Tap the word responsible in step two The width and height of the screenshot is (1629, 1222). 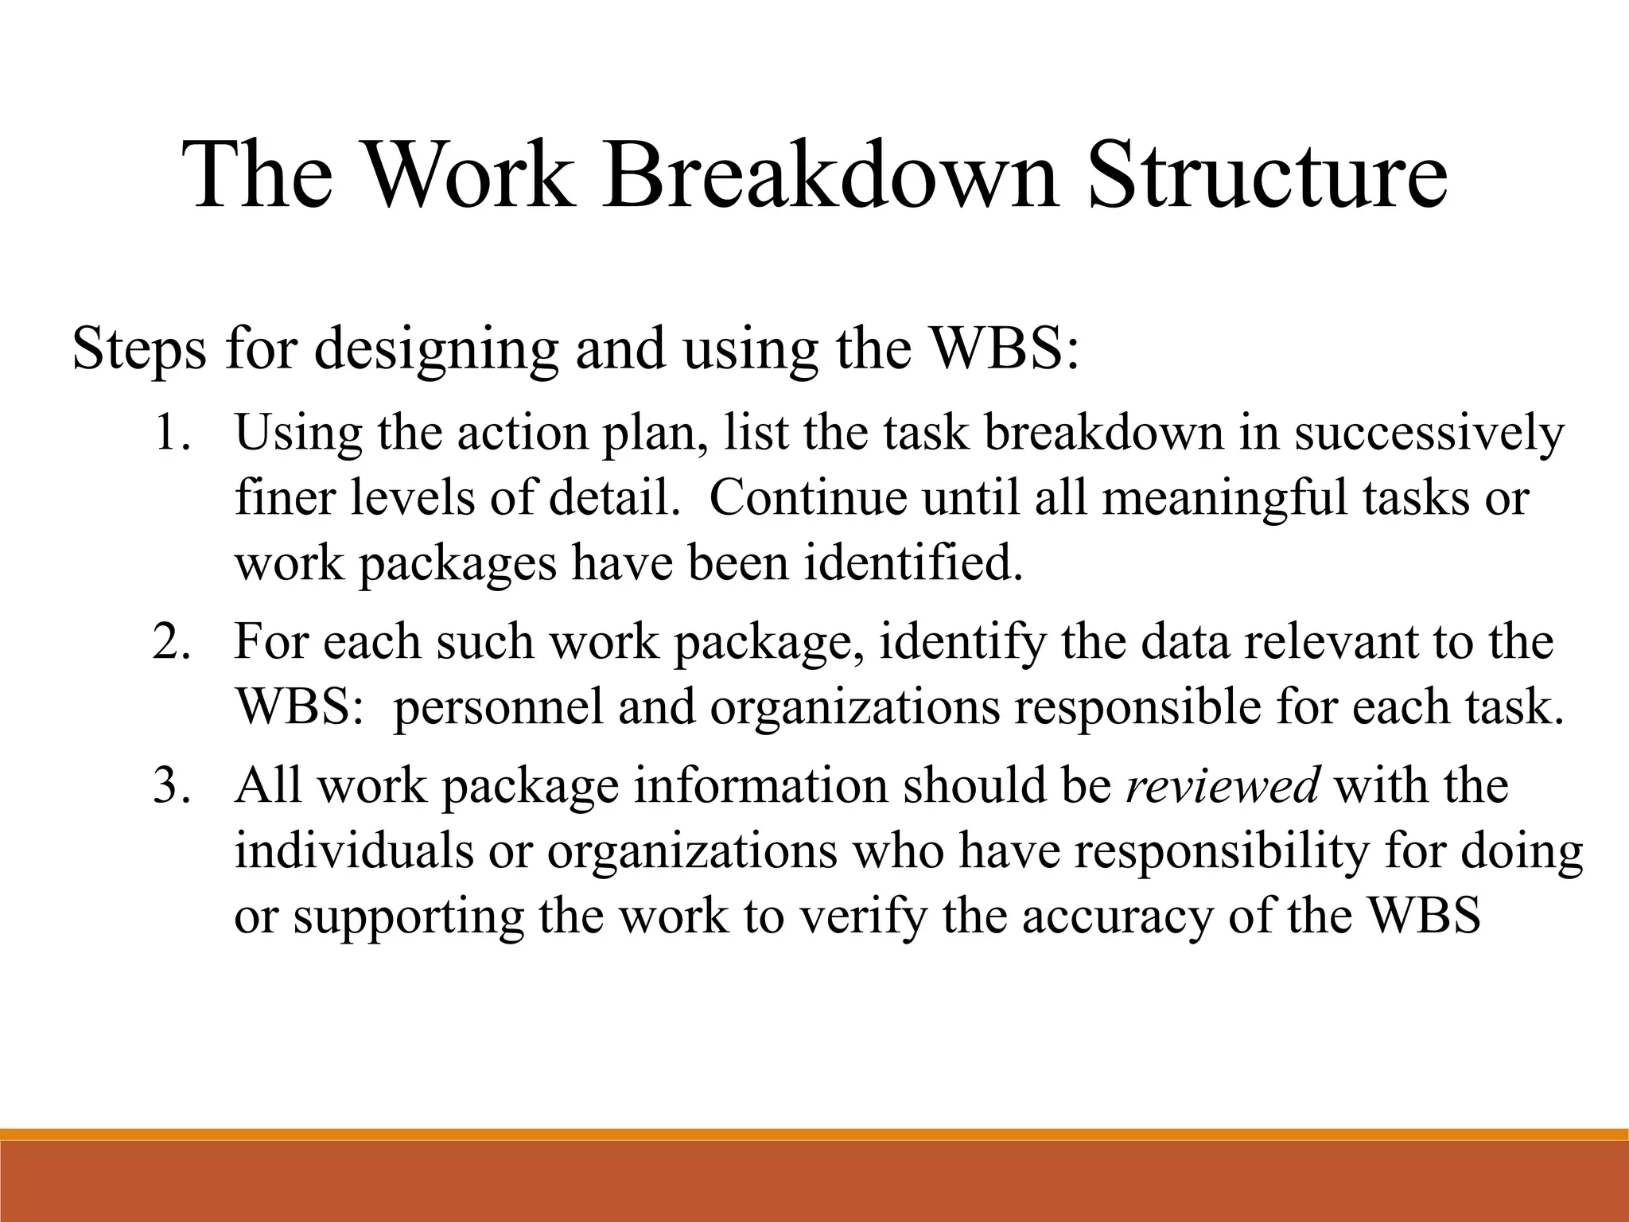click(1137, 707)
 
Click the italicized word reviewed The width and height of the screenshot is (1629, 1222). click(1223, 786)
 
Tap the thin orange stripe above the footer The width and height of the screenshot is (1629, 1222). click(814, 1134)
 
